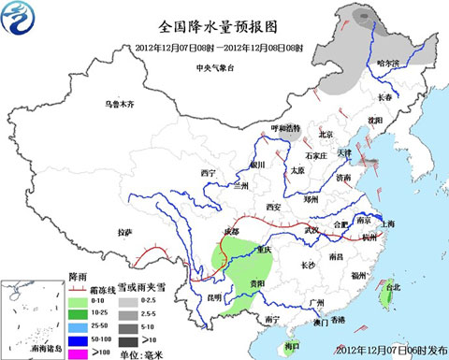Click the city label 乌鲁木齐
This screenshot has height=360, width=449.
(x=120, y=104)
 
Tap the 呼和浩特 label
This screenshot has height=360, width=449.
(x=285, y=127)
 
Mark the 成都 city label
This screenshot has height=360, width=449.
(x=230, y=230)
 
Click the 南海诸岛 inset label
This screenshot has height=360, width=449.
(x=33, y=349)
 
